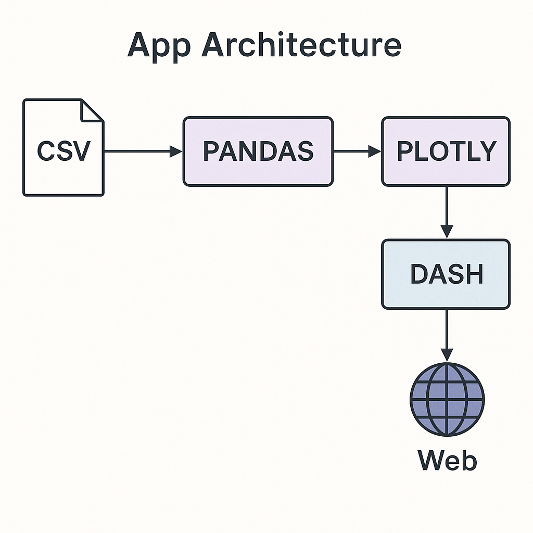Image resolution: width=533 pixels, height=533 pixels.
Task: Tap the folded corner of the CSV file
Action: [x=92, y=110]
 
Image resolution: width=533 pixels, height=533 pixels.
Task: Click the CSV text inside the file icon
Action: [x=63, y=151]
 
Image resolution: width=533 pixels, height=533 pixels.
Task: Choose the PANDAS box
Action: [x=258, y=151]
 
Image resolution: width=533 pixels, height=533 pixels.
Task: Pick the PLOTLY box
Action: [x=446, y=151]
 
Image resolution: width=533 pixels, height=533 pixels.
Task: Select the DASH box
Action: [x=446, y=274]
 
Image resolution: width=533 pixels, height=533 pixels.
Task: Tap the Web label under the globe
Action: [x=447, y=460]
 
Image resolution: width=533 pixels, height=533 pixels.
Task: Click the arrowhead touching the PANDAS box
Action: [x=176, y=151]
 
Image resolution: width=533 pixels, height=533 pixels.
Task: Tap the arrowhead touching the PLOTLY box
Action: [x=375, y=151]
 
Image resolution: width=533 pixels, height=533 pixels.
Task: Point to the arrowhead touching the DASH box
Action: [x=447, y=231]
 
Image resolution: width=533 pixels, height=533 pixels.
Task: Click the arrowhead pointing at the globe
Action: [x=447, y=354]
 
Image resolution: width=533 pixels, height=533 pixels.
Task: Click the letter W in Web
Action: [x=430, y=460]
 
